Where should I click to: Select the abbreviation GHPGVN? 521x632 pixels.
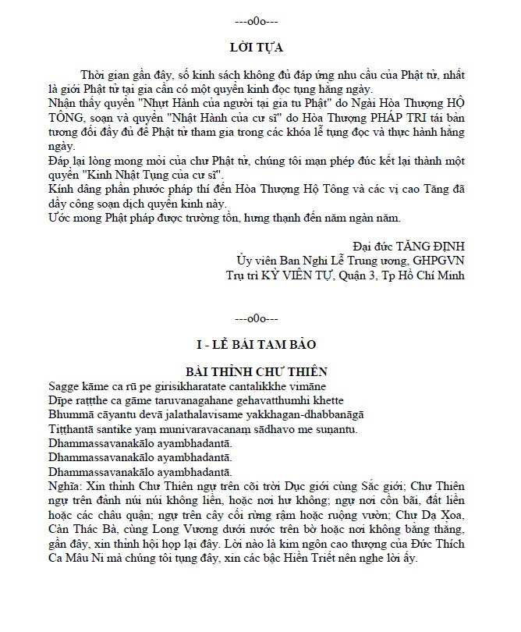tap(439, 261)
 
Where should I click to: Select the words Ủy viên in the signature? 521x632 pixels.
tap(257, 261)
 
